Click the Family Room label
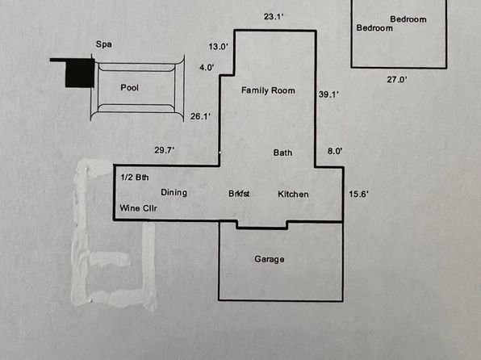[268, 90]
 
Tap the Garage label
[270, 259]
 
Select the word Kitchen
[293, 195]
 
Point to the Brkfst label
[239, 194]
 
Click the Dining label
[174, 193]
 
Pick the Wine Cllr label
[138, 208]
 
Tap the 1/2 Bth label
[135, 178]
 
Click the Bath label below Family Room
[282, 153]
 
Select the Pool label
[129, 88]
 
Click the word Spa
[103, 44]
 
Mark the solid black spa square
[80, 73]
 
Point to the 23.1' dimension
[274, 17]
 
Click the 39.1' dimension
[328, 94]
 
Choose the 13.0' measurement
[219, 47]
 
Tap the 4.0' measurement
[207, 67]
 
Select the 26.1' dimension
[200, 116]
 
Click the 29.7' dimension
[165, 150]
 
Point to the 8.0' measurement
[335, 151]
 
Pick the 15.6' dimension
[358, 194]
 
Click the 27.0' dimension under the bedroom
[397, 79]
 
